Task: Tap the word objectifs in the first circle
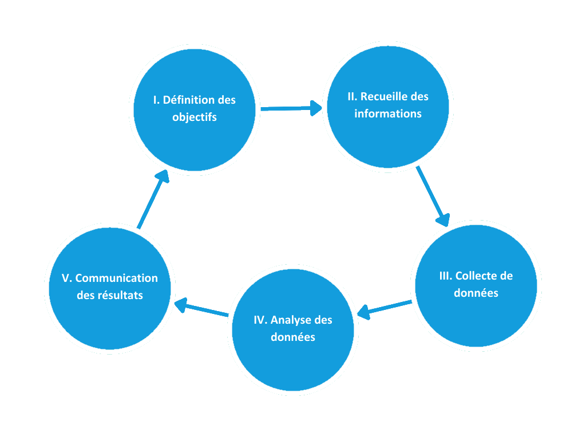tap(195, 117)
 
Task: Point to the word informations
tap(388, 113)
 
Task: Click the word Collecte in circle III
tap(477, 276)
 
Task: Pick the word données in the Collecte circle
tap(476, 293)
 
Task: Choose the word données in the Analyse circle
tap(292, 337)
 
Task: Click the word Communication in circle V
tap(116, 278)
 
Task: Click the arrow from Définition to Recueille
tap(291, 108)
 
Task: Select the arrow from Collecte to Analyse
tap(385, 308)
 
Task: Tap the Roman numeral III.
tap(445, 276)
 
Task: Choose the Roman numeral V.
tap(66, 278)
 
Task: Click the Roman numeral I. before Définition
tap(156, 100)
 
